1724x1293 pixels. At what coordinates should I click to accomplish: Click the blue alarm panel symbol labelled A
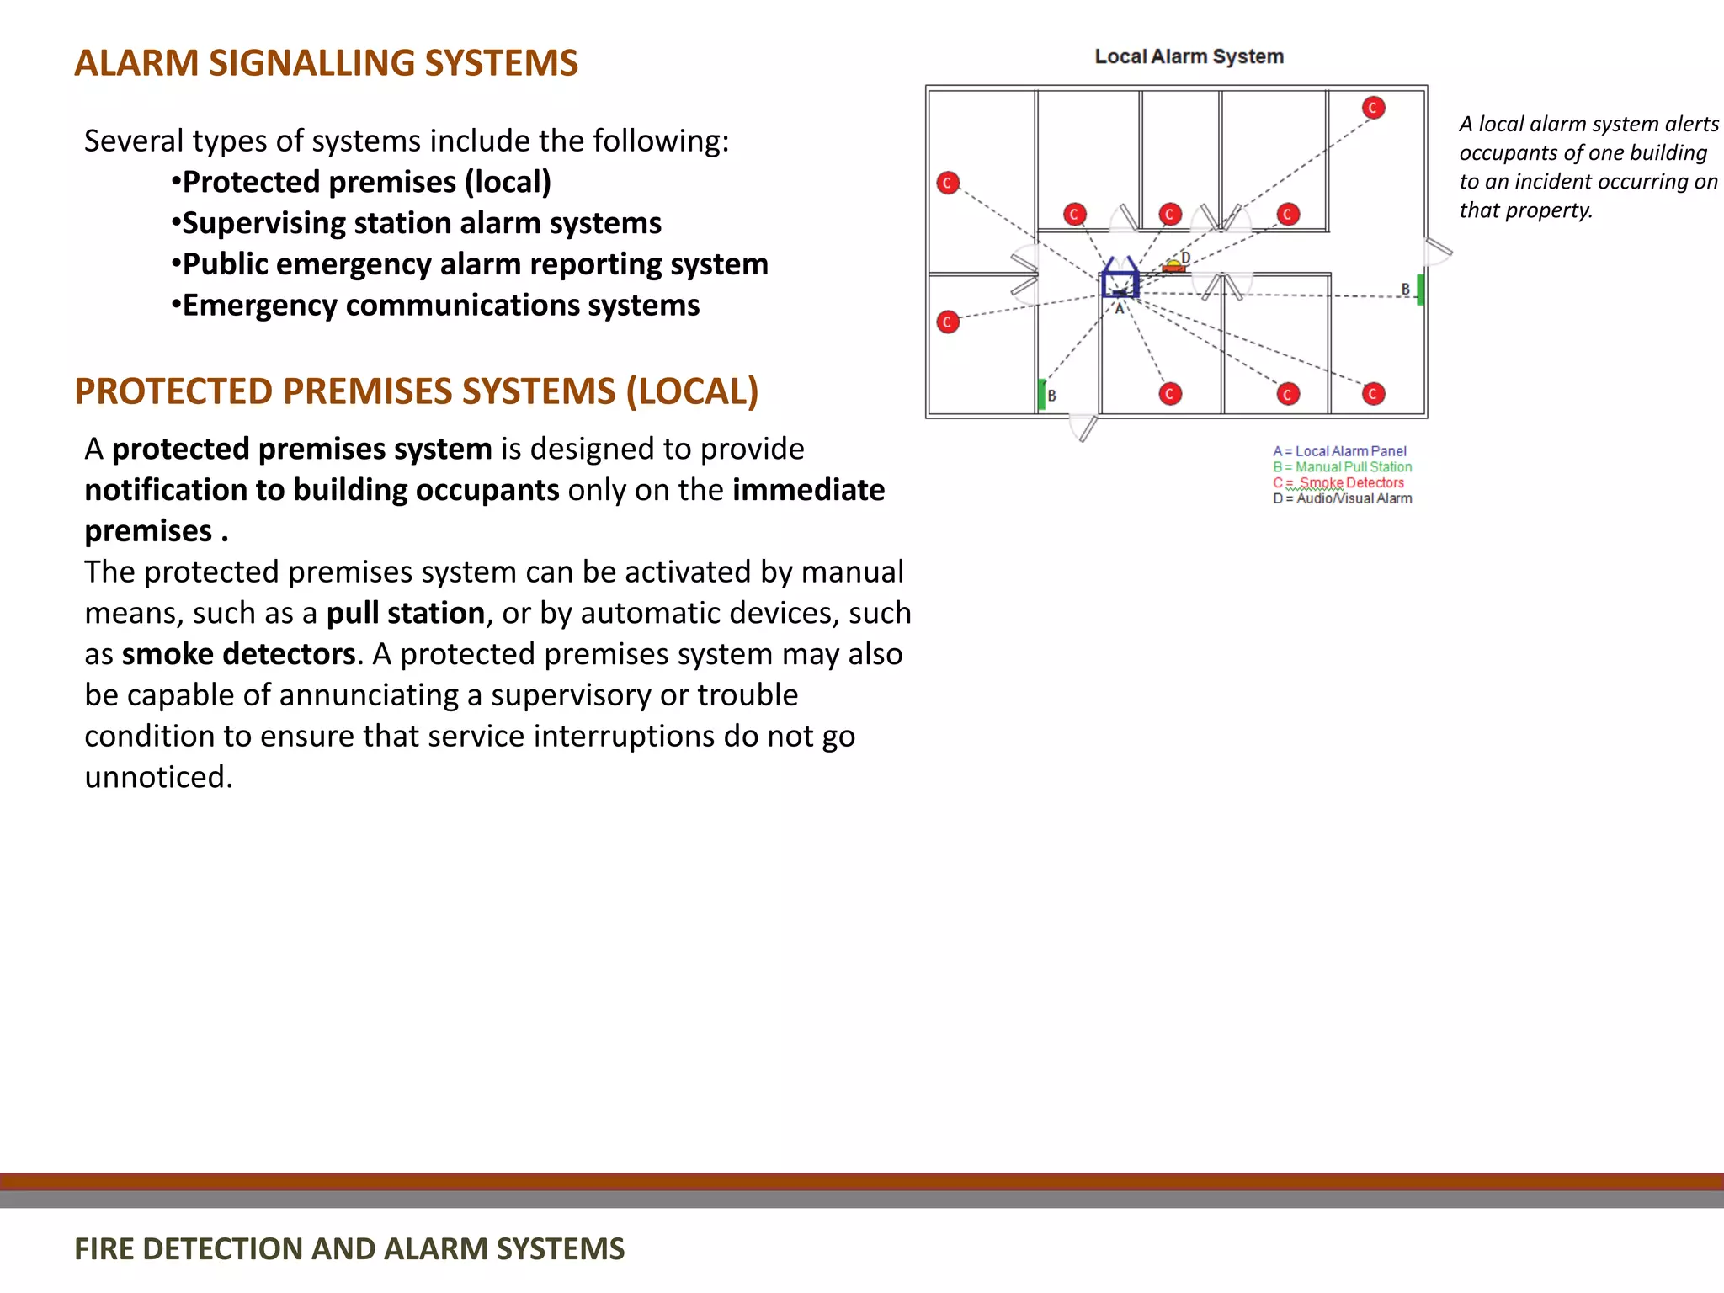click(x=1120, y=284)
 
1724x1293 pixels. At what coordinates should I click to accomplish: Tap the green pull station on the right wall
click(x=1420, y=290)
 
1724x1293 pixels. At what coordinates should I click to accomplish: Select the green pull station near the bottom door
click(x=1042, y=394)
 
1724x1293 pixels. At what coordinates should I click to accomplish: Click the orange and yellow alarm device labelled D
click(x=1173, y=267)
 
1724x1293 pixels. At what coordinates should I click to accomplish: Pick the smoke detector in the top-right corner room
click(x=1373, y=108)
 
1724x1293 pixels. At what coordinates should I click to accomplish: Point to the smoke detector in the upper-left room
click(x=948, y=183)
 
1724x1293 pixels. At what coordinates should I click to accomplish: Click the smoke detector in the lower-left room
click(x=948, y=322)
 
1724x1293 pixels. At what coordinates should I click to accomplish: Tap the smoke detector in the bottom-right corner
click(x=1373, y=393)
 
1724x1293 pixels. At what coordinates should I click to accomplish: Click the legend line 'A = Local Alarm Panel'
click(x=1339, y=451)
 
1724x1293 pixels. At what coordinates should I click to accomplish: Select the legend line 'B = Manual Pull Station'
click(x=1342, y=466)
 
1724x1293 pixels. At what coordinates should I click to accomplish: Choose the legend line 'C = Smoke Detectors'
click(x=1338, y=482)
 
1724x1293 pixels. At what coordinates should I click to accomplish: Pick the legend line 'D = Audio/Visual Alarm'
click(x=1342, y=498)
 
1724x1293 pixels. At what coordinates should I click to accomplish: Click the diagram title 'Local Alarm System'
click(x=1189, y=56)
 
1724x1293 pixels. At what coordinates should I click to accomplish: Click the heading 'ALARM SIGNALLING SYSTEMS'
click(x=326, y=63)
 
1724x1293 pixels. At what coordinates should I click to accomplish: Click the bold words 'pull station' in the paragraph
click(x=405, y=613)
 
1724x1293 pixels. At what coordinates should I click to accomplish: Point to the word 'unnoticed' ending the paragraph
click(x=157, y=777)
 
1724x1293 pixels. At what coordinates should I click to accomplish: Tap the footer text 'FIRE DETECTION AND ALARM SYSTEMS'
click(x=349, y=1248)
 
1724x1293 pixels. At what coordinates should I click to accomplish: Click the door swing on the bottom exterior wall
click(x=1084, y=427)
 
